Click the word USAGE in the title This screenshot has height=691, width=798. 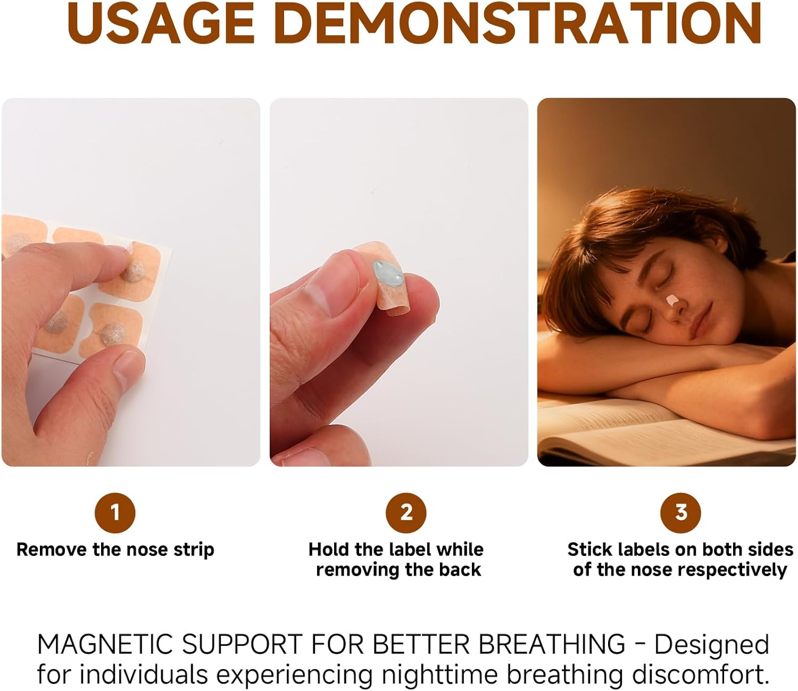tap(160, 23)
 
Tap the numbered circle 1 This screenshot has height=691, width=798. tap(115, 513)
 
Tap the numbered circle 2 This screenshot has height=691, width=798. tap(406, 513)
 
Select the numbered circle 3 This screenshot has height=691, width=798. tap(680, 513)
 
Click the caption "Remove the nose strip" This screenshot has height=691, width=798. tap(115, 550)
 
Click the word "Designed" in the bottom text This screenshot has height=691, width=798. tap(711, 644)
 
